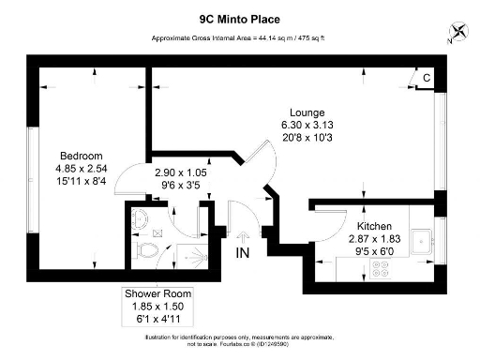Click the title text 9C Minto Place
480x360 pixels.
[239, 18]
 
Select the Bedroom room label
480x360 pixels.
[81, 155]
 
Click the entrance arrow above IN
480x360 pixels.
[243, 239]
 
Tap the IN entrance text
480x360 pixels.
[243, 254]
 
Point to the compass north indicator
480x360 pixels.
[457, 30]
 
